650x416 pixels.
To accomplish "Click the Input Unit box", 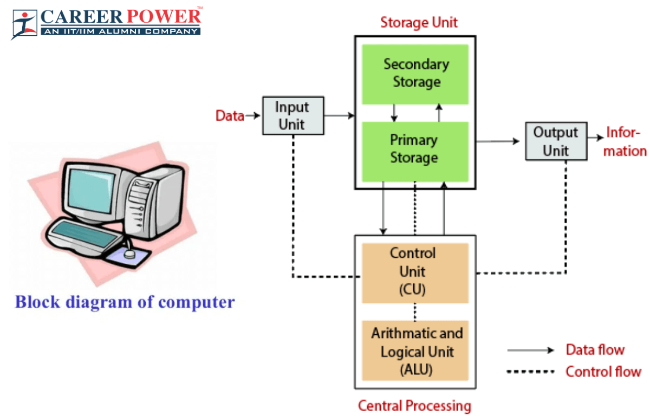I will pyautogui.click(x=292, y=115).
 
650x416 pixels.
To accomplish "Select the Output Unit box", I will pyautogui.click(x=556, y=141).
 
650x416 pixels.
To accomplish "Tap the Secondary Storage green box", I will pyautogui.click(x=415, y=74).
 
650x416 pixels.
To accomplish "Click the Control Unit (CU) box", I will pyautogui.click(x=415, y=272).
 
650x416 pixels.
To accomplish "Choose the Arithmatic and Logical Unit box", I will pyautogui.click(x=415, y=351).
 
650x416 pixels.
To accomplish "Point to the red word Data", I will pyautogui.click(x=230, y=115).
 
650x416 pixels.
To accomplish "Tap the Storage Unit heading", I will pyautogui.click(x=419, y=23).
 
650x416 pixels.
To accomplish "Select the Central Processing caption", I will pyautogui.click(x=414, y=406).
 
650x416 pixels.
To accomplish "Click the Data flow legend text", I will pyautogui.click(x=595, y=350).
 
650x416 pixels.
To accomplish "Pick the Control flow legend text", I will pyautogui.click(x=603, y=372).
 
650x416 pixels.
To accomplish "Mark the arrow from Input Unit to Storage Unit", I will pyautogui.click(x=339, y=115).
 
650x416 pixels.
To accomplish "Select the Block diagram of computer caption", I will pyautogui.click(x=125, y=302).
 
